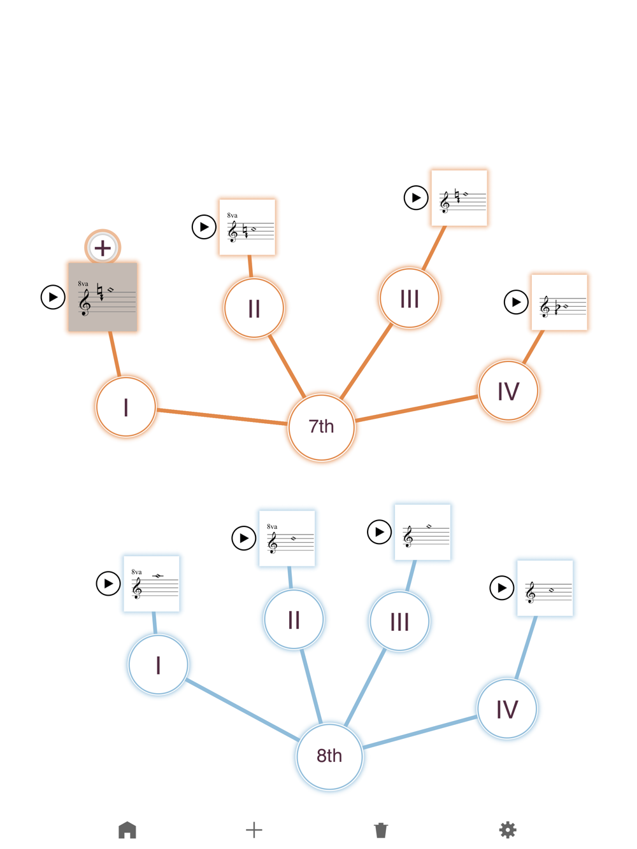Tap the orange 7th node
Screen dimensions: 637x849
point(321,426)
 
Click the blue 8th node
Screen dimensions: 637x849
point(329,756)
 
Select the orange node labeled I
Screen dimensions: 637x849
point(125,407)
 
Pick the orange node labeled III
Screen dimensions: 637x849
point(409,298)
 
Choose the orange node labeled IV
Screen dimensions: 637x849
point(508,390)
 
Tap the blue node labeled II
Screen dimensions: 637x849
point(294,619)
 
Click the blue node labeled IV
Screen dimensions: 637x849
point(506,708)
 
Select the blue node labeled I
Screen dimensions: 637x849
point(158,664)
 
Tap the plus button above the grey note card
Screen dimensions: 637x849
point(103,248)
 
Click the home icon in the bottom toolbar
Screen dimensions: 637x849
point(127,830)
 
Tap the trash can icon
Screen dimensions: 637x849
point(380,830)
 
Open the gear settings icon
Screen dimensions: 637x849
point(507,830)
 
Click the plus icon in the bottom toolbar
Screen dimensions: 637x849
point(254,830)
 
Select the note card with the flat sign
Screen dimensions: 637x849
point(559,302)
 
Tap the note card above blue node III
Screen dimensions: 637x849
point(422,532)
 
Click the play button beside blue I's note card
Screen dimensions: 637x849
point(108,583)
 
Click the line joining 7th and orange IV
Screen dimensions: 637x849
point(416,408)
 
